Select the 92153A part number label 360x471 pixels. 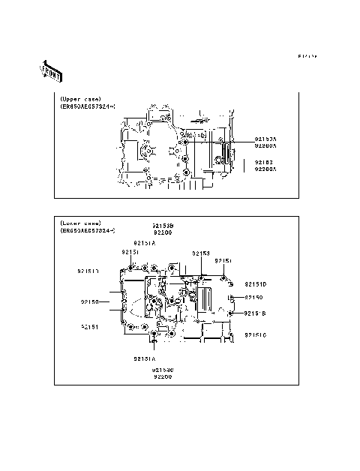click(x=265, y=139)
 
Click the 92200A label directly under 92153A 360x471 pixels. click(x=265, y=147)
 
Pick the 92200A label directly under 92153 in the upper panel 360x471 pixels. click(x=265, y=169)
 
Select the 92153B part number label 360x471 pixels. click(x=163, y=225)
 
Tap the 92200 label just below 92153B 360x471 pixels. click(x=163, y=232)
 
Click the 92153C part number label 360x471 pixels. click(x=163, y=369)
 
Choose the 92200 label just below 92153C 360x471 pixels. click(x=163, y=376)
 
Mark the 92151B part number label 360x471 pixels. click(x=255, y=313)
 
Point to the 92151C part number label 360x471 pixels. click(x=255, y=334)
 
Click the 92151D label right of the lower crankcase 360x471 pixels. click(x=255, y=284)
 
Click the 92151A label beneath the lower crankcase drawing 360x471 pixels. click(x=144, y=358)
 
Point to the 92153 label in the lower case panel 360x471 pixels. click(x=200, y=253)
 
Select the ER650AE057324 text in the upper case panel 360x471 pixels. click(x=88, y=106)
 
